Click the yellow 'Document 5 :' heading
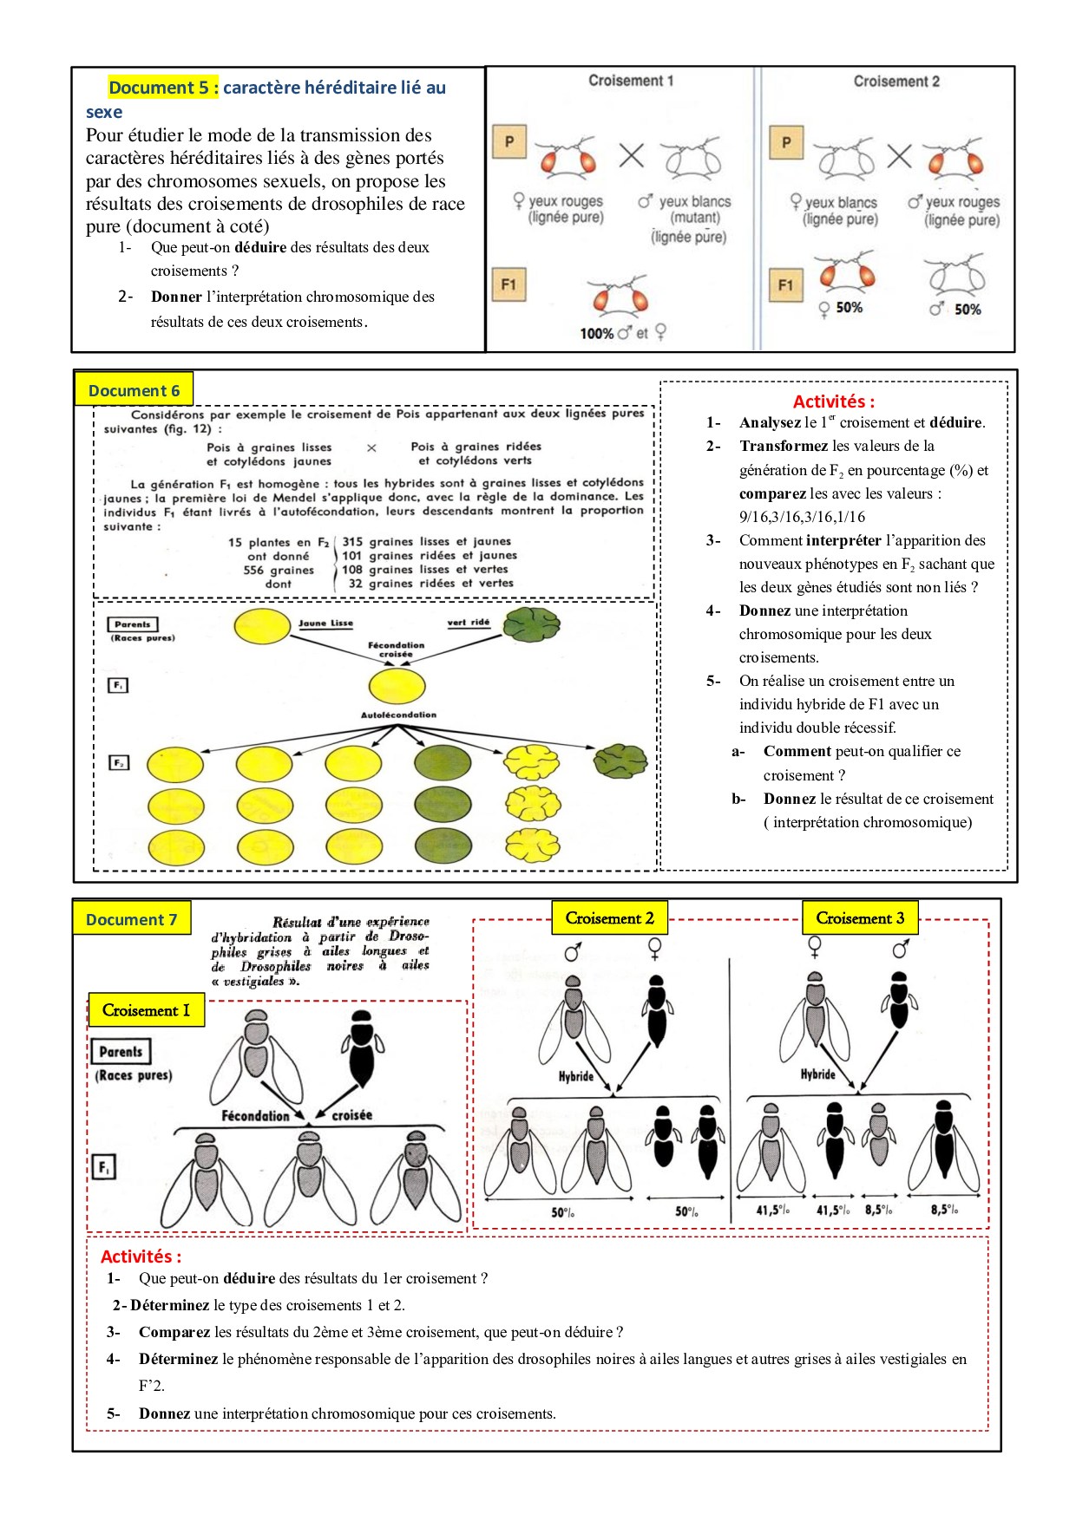[x=162, y=88]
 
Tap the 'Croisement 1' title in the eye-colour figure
[x=631, y=81]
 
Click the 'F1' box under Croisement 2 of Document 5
[x=785, y=284]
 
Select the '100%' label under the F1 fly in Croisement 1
[x=596, y=333]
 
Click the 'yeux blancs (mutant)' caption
[x=693, y=209]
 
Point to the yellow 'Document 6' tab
[x=134, y=390]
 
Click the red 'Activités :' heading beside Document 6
[x=833, y=401]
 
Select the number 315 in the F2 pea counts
[x=352, y=542]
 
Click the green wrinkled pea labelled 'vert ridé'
[x=532, y=625]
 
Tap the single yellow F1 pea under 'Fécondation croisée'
[x=397, y=686]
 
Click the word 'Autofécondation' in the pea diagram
[x=398, y=715]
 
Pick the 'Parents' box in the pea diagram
[x=132, y=624]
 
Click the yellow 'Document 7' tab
[x=131, y=919]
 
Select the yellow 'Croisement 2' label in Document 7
[x=609, y=918]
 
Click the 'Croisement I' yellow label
[x=146, y=1010]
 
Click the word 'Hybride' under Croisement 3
[x=817, y=1074]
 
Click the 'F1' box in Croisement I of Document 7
[x=103, y=1167]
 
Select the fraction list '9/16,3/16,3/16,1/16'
[x=802, y=517]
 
